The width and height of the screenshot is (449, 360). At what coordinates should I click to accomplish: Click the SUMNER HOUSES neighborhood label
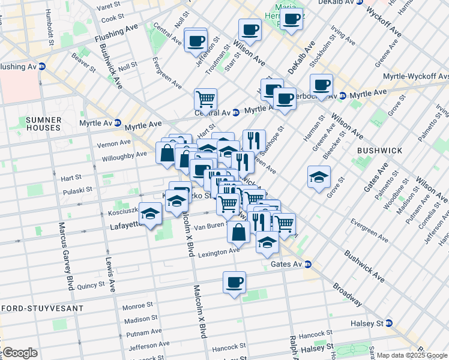43,124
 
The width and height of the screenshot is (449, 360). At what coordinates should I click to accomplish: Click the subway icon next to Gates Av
307,264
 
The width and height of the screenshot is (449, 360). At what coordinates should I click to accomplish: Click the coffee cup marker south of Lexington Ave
234,281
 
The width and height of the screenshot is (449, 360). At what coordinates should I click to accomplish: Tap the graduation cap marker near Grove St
319,176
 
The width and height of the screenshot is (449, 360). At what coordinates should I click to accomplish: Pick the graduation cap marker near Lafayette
151,213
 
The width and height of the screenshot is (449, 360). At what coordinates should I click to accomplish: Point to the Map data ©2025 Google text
402,355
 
